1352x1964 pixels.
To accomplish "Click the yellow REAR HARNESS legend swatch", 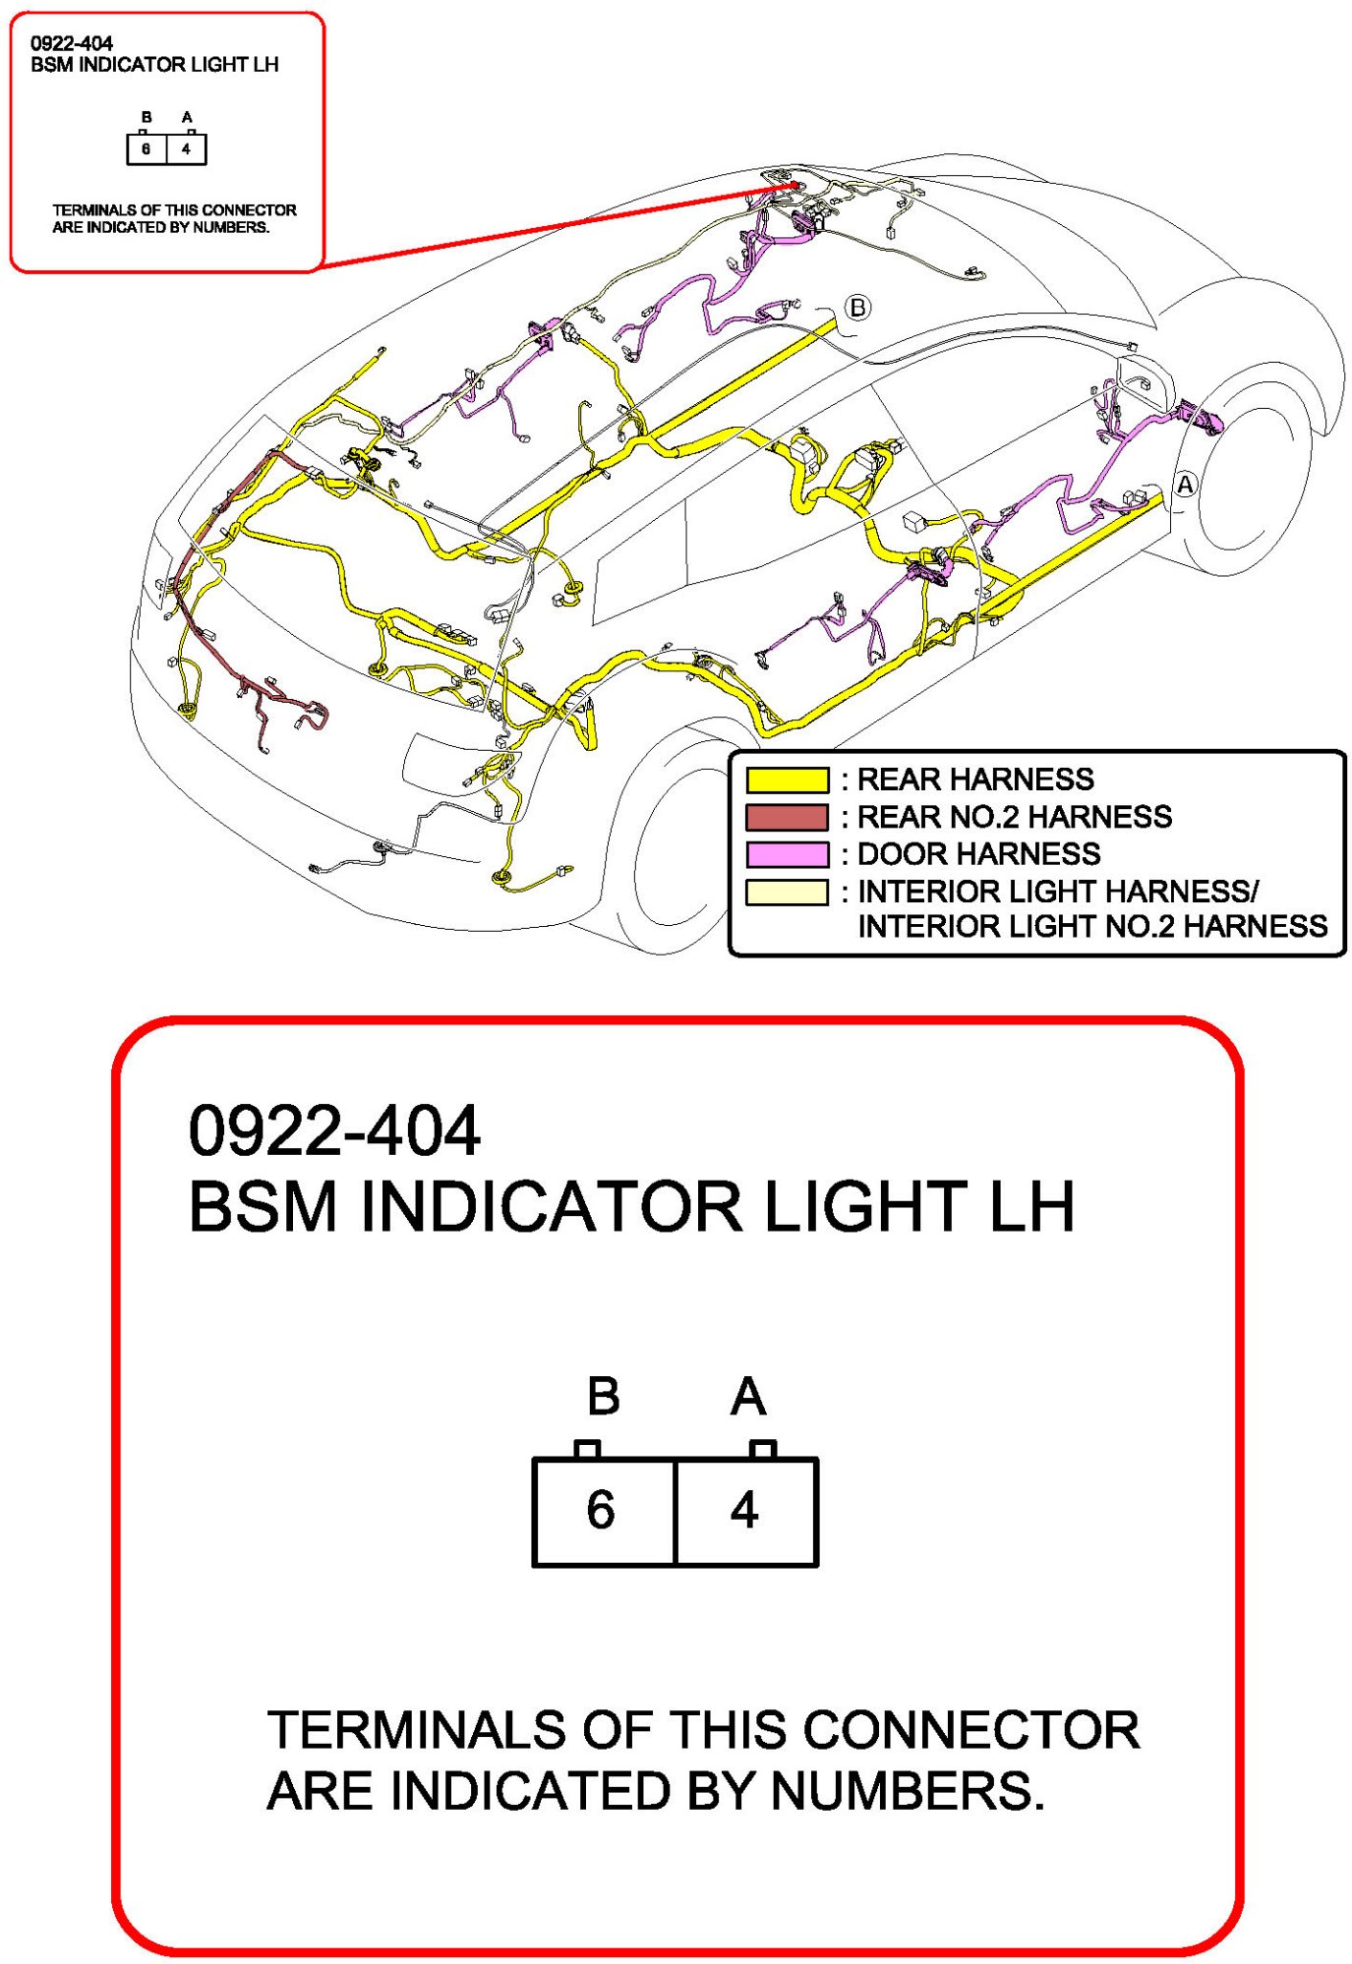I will tap(787, 780).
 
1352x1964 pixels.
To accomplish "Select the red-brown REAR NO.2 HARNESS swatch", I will tap(787, 818).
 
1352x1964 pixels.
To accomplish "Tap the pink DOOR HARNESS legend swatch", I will tap(787, 854).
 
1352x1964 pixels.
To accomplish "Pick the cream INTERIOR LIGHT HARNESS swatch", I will tap(787, 893).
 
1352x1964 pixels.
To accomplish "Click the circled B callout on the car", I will tap(857, 308).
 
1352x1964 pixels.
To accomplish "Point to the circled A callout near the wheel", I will tap(1186, 485).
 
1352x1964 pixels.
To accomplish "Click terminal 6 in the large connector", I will tap(601, 1510).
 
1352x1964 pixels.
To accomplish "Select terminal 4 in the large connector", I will tap(744, 1510).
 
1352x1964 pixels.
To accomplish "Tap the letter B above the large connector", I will tap(603, 1397).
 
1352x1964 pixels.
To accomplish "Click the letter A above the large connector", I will tap(748, 1397).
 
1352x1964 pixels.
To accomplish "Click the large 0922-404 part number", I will tap(334, 1131).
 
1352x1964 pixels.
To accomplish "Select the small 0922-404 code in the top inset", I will tap(72, 43).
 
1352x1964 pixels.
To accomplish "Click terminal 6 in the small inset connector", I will tap(147, 149).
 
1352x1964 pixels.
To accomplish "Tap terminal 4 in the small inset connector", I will tap(186, 149).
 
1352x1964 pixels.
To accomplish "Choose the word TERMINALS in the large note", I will tap(416, 1730).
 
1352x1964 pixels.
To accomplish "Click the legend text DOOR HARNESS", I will tap(978, 854).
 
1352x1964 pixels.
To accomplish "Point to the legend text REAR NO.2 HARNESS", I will tap(1014, 817).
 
